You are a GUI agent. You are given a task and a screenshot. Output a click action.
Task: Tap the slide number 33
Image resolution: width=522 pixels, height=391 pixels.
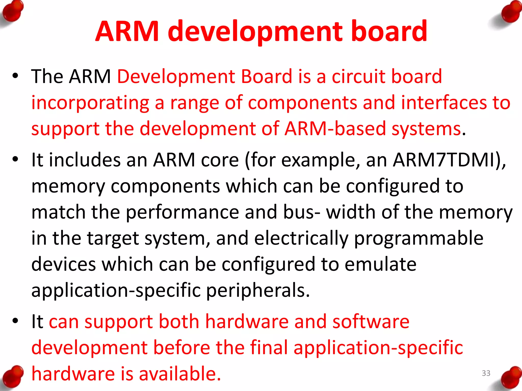click(x=486, y=373)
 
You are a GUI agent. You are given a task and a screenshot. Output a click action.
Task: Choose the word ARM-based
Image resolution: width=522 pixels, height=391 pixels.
click(x=335, y=129)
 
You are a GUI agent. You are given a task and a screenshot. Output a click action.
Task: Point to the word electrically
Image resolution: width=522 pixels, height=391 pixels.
click(x=301, y=238)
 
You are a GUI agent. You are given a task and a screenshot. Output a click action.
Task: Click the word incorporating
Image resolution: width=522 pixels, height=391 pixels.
click(x=90, y=103)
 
